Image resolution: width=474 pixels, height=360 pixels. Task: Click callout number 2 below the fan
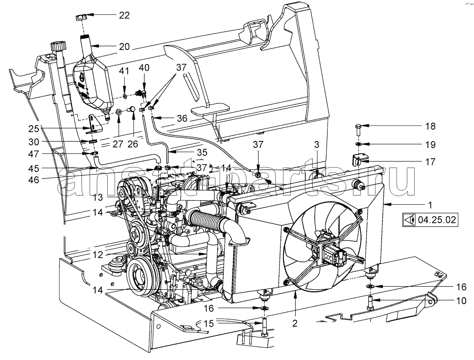click(x=295, y=324)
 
